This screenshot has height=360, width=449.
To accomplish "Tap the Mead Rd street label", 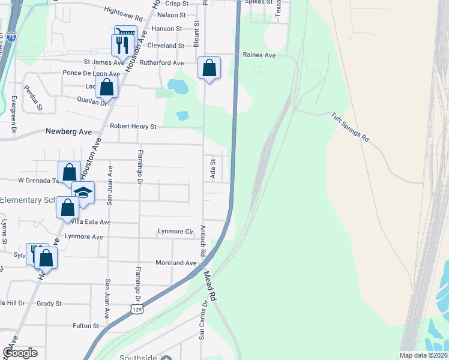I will click(x=209, y=285).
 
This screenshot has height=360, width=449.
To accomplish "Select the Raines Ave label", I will click(x=259, y=55).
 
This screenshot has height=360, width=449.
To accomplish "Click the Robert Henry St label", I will click(x=133, y=127).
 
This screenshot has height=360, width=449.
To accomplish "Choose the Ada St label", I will click(x=212, y=165).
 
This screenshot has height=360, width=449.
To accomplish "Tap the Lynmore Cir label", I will click(x=175, y=231).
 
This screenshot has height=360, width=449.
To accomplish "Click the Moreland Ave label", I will click(x=176, y=263).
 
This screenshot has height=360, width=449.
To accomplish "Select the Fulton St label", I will click(x=85, y=326).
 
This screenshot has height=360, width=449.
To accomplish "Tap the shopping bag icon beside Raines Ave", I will click(x=209, y=68).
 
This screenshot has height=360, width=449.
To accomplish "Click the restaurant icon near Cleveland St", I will click(x=120, y=45).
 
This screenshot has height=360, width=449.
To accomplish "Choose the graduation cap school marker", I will click(x=83, y=193).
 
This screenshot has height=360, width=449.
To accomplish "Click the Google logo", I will click(x=20, y=353).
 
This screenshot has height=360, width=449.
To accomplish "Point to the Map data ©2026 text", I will click(x=423, y=355).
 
